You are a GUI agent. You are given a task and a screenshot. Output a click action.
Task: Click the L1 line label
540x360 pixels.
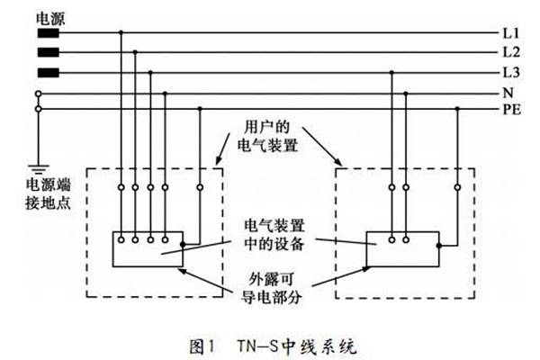click(x=510, y=33)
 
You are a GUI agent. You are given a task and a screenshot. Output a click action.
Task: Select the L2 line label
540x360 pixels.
click(x=510, y=52)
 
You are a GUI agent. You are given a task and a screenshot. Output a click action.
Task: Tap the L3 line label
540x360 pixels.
click(x=510, y=71)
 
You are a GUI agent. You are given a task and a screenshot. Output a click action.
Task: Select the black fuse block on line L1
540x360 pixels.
click(x=48, y=33)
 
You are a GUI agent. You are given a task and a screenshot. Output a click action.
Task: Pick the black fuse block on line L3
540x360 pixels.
click(x=48, y=71)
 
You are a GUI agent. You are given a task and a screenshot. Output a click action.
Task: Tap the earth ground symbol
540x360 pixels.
click(x=39, y=167)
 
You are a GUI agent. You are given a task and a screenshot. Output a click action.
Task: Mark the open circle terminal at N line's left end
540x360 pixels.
click(x=38, y=93)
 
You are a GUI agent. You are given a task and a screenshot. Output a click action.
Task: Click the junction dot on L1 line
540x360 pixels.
click(x=121, y=33)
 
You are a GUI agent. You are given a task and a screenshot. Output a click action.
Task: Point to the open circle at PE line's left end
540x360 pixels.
click(x=38, y=109)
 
